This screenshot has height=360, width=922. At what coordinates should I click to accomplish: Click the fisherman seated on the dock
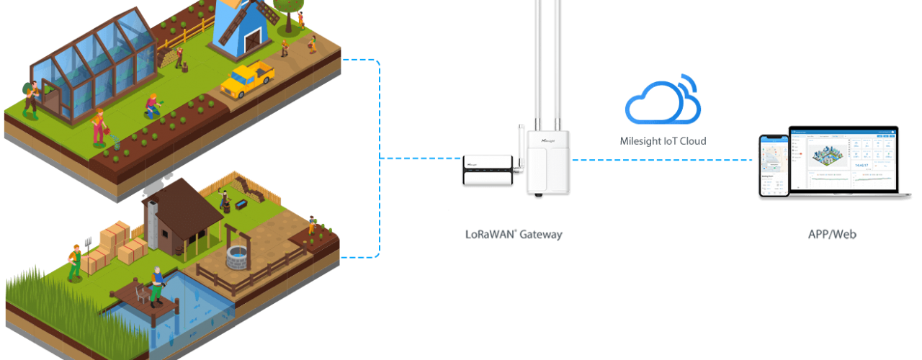pyautogui.click(x=156, y=284)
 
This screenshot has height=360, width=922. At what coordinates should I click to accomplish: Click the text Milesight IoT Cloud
pyautogui.click(x=663, y=141)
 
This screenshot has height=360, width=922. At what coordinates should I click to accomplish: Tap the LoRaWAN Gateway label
pyautogui.click(x=514, y=234)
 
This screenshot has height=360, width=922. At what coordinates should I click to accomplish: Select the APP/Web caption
pyautogui.click(x=832, y=235)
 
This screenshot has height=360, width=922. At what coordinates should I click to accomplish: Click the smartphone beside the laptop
pyautogui.click(x=774, y=166)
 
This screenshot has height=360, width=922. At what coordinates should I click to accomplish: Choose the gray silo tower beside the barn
pyautogui.click(x=151, y=219)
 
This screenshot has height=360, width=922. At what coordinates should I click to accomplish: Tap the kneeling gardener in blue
pyautogui.click(x=151, y=107)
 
